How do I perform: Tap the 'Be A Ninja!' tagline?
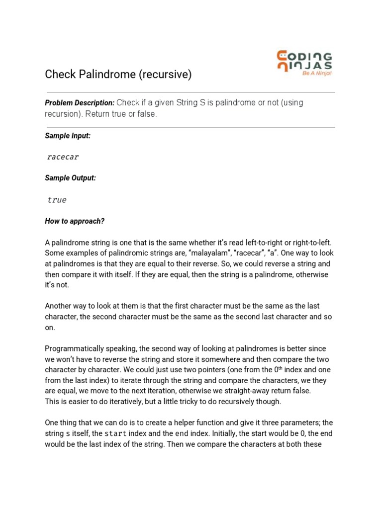tap(317, 73)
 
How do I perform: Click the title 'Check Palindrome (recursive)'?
tap(118, 75)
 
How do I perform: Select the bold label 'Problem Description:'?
tap(80, 103)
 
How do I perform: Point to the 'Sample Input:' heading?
tap(68, 135)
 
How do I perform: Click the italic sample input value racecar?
tap(63, 157)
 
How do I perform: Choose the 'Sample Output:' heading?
tap(70, 178)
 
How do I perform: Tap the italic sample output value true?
tap(57, 200)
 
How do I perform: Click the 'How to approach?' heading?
tap(75, 221)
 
